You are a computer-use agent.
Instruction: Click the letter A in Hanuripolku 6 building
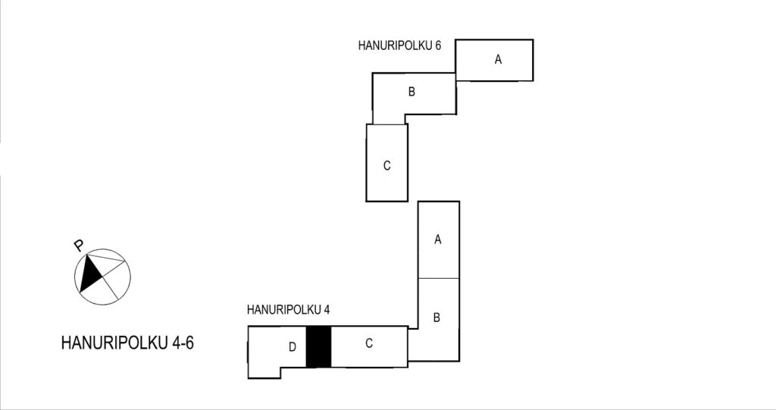tap(498, 59)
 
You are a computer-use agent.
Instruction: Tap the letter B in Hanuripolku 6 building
tap(411, 92)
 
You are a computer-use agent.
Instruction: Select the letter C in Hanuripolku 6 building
tap(387, 166)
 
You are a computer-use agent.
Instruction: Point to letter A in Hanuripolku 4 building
tap(437, 239)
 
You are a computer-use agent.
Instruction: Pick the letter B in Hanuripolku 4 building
tap(436, 318)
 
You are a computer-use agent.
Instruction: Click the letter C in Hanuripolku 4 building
tap(369, 343)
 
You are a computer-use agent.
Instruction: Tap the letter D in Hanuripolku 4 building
tap(292, 347)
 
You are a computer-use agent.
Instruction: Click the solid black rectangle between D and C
tap(318, 346)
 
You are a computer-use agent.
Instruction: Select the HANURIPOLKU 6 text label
tap(399, 45)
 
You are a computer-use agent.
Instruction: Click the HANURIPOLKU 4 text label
tap(288, 310)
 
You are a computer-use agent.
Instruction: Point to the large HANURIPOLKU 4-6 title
tap(127, 343)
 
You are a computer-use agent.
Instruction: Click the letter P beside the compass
tap(78, 245)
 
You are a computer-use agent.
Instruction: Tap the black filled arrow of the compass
tap(90, 274)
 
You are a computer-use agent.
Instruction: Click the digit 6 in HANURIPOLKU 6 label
tap(437, 45)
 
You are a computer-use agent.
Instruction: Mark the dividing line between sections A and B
tap(439, 278)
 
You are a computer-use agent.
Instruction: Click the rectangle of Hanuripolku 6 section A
tap(494, 60)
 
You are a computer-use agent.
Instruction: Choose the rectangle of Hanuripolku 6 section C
tap(387, 163)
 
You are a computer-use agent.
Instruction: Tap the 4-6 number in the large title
tap(183, 343)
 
